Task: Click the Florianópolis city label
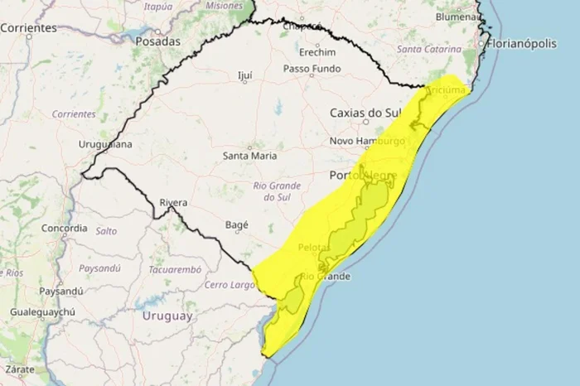click(x=533, y=43)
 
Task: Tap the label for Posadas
click(x=157, y=41)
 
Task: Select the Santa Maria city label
click(x=250, y=155)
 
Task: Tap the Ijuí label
click(x=244, y=75)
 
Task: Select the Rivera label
click(x=172, y=203)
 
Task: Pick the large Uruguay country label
click(x=167, y=316)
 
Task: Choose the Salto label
click(x=106, y=232)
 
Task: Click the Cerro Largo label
click(x=228, y=285)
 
